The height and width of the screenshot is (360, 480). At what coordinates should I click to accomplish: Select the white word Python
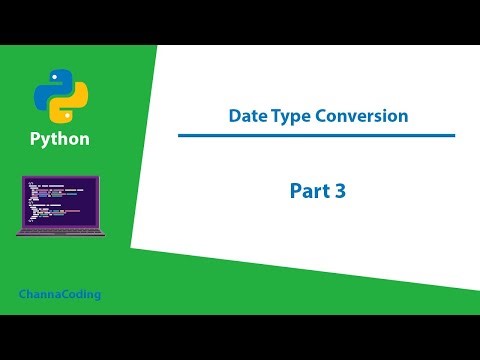coord(60,139)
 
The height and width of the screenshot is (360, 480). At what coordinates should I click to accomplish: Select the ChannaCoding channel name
coord(60,295)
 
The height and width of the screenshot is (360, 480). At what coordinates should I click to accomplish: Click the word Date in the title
coord(245,116)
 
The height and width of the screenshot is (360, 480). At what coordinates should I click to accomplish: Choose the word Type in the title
coord(288,116)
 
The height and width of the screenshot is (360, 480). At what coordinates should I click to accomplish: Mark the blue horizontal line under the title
coord(316,135)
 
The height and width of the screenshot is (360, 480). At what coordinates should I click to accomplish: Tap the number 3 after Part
coord(340,190)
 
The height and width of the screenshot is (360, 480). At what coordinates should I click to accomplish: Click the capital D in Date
coord(233,116)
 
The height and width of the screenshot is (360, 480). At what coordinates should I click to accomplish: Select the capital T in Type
coord(274,116)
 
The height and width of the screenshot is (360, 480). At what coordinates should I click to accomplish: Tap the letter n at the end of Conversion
coord(403,117)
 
